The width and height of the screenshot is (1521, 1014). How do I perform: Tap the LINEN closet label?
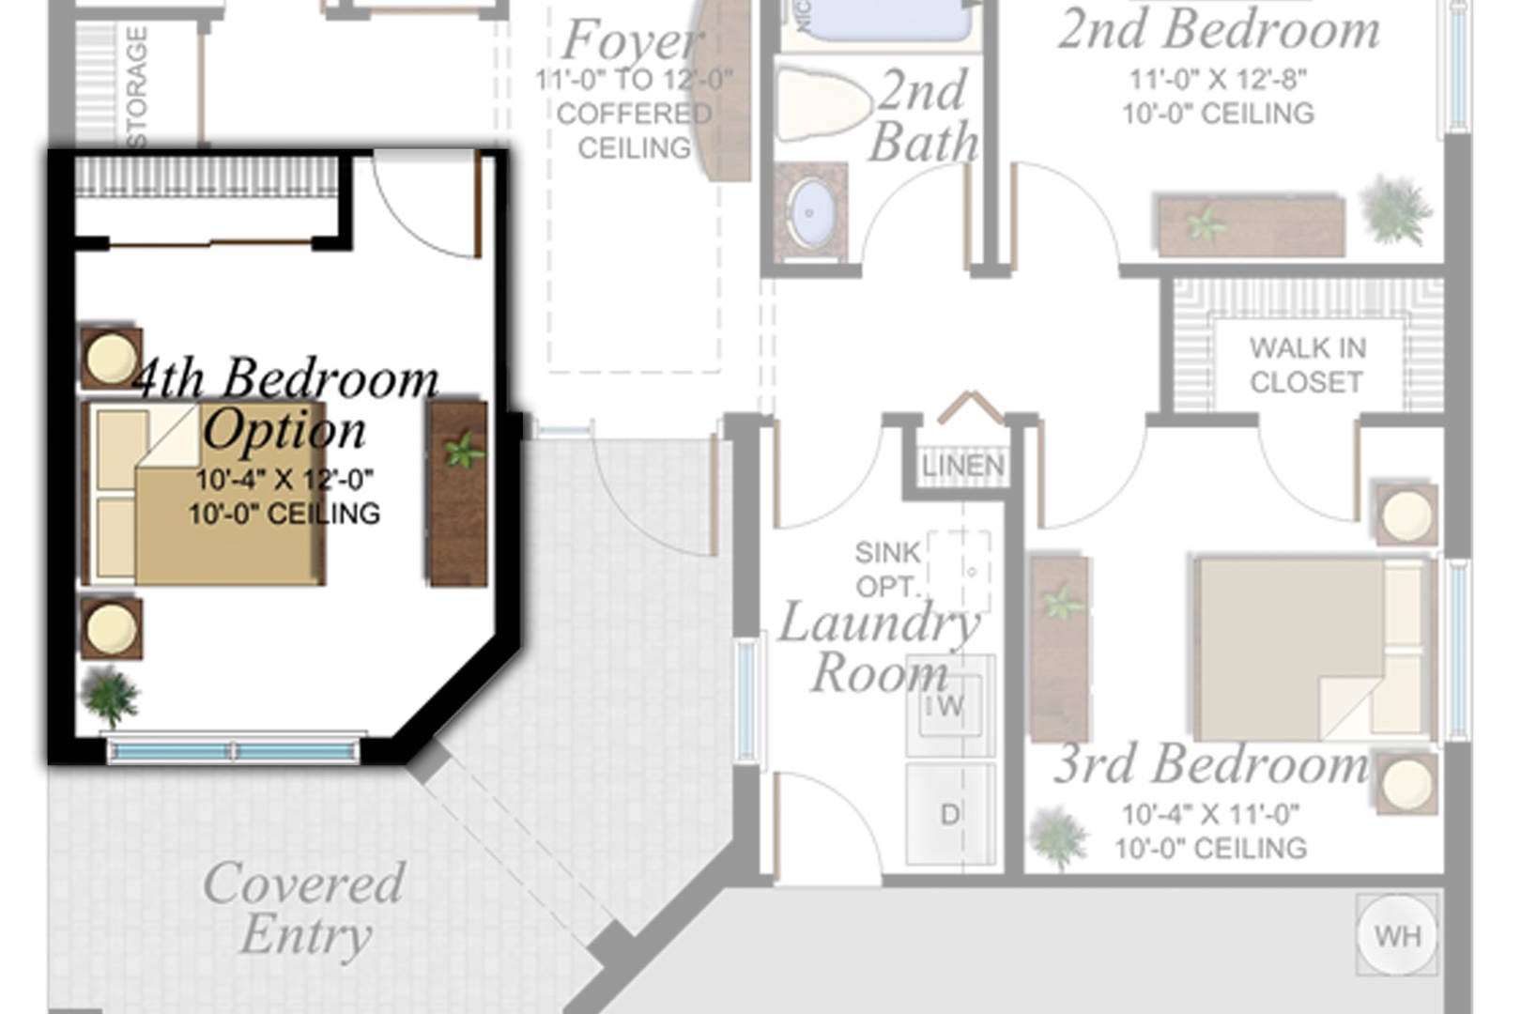[x=962, y=466]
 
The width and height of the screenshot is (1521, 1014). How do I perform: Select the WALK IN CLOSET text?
[x=1307, y=365]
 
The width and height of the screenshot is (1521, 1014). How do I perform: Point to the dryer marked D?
[x=950, y=814]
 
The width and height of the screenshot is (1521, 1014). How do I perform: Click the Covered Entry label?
[x=304, y=909]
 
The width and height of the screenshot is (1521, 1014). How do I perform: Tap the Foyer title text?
[x=632, y=40]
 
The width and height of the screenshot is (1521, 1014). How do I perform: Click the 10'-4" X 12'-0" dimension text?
[x=284, y=480]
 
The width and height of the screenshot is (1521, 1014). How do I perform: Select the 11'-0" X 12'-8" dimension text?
[x=1218, y=80]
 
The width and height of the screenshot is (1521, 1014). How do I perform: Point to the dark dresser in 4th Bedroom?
[x=458, y=494]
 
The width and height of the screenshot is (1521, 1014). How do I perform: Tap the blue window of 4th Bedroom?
[x=234, y=750]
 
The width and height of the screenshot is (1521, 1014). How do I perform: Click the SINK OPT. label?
[x=887, y=569]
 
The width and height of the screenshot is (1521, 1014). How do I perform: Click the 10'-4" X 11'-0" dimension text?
[x=1210, y=814]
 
